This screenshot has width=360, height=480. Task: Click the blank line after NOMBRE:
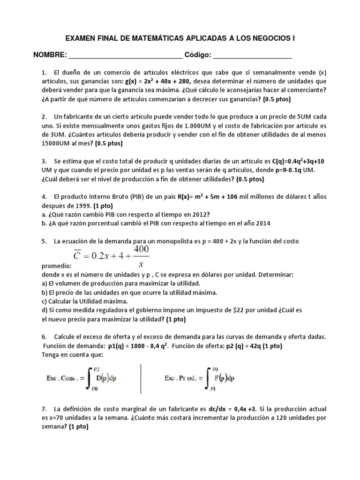coord(126,56)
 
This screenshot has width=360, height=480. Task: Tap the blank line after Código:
coord(252,56)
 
